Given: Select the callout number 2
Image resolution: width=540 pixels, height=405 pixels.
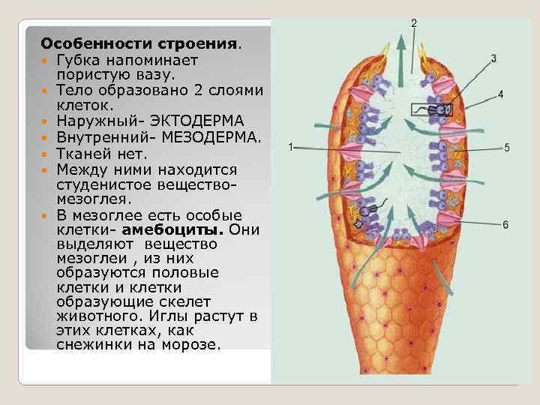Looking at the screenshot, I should click(414, 23).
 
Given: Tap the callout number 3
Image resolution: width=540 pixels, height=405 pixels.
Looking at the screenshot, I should click(493, 58).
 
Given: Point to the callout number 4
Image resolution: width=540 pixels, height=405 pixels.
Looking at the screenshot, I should click(500, 94).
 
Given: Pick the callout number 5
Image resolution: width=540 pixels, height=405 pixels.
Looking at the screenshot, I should click(507, 148).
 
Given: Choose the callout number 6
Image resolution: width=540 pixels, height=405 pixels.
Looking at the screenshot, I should click(505, 224).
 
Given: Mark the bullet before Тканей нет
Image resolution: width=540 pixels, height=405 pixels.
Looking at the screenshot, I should click(46, 154).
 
